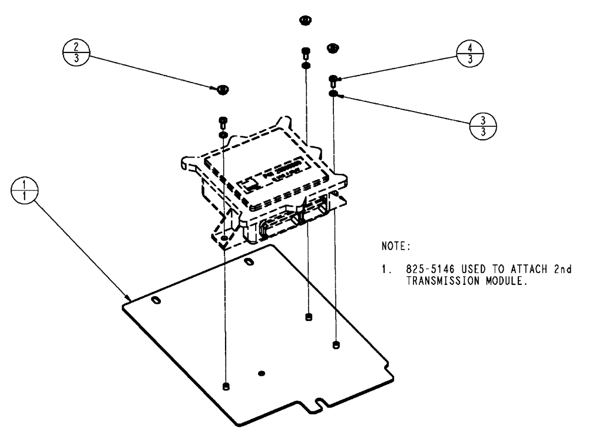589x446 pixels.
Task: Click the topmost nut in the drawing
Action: pos(305,21)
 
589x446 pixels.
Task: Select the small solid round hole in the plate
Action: pos(262,373)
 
